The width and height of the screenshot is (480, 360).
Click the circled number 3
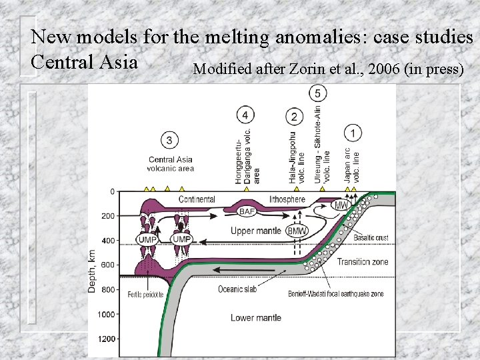(x=170, y=140)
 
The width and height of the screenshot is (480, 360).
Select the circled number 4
(x=245, y=116)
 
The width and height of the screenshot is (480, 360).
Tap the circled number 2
(x=294, y=117)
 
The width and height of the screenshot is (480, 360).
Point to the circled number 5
(x=319, y=93)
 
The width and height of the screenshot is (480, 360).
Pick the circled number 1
(x=353, y=132)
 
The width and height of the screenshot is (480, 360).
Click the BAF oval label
(x=247, y=211)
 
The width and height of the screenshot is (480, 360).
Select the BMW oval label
(x=297, y=231)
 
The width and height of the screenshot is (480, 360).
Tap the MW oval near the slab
(x=341, y=205)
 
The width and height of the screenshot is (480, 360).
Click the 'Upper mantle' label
(x=257, y=231)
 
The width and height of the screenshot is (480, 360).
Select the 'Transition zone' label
(x=362, y=262)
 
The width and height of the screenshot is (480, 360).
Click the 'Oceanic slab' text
(x=239, y=289)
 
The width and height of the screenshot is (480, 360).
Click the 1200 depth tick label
(x=106, y=338)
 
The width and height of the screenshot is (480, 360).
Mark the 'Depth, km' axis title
(x=92, y=271)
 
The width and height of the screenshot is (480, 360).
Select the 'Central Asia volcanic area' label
(x=170, y=164)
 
